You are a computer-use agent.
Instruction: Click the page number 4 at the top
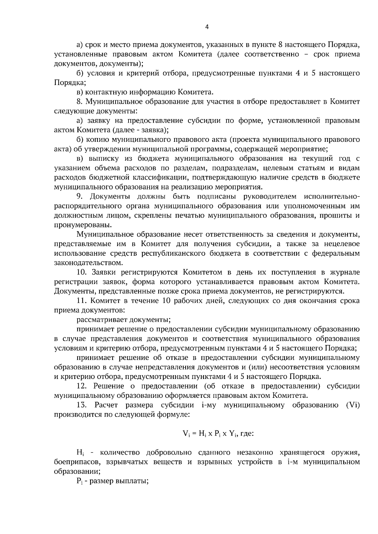207,27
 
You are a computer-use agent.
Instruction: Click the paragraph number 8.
79,102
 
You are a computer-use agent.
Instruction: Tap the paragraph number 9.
79,197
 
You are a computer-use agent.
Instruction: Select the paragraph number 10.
81,272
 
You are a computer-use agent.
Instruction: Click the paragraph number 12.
81,386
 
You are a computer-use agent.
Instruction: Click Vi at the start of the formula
186,434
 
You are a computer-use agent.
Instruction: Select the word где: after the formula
247,434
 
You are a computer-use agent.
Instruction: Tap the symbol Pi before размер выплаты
79,481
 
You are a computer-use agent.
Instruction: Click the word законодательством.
89,263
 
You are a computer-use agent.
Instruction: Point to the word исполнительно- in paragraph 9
331,197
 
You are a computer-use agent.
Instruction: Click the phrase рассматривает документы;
123,320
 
